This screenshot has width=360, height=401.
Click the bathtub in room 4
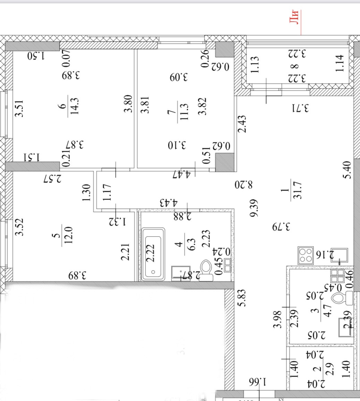pos(153,254)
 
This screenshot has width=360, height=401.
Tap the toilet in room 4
pos(207,270)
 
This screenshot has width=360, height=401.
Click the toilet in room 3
pos(342,298)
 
